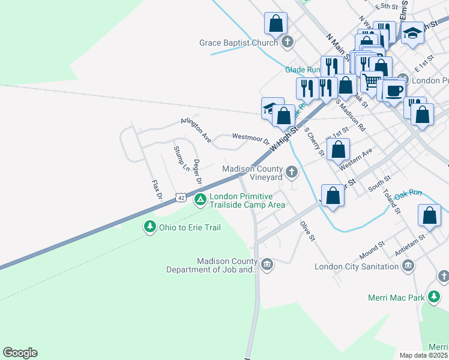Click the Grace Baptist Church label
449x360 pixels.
(x=238, y=43)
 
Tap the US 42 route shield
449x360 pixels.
(x=181, y=197)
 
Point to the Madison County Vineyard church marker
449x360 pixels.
(x=292, y=173)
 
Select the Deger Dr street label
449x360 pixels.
(x=196, y=173)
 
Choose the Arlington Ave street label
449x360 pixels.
(x=196, y=130)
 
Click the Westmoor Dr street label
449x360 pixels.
(x=250, y=139)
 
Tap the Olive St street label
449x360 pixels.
(x=308, y=230)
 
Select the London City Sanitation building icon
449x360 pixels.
(x=408, y=265)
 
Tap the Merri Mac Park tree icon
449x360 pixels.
(x=434, y=297)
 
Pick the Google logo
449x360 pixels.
(x=20, y=353)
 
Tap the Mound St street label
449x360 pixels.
(x=372, y=247)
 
